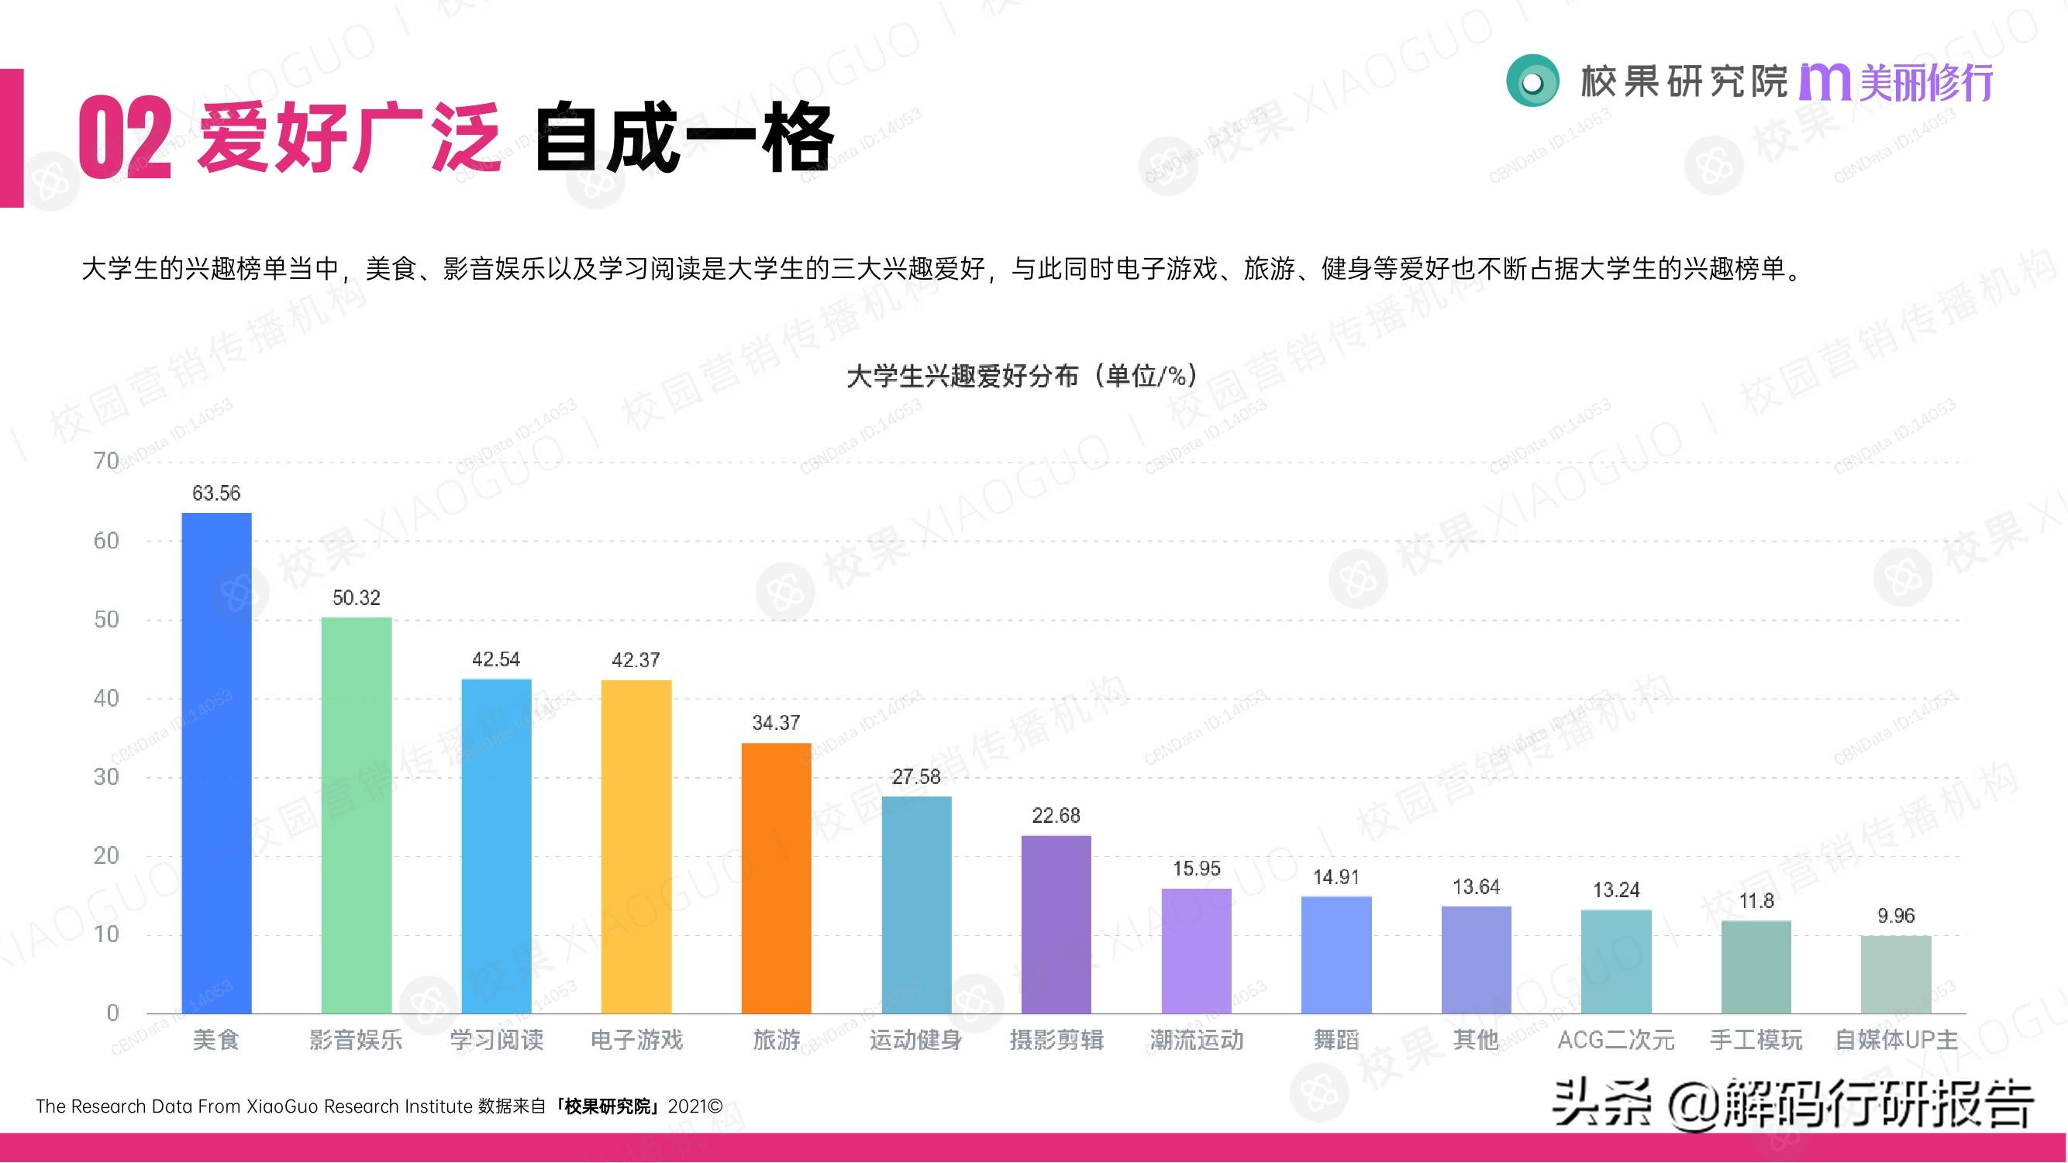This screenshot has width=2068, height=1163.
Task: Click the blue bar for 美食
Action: (x=217, y=762)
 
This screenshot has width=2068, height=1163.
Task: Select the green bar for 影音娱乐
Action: (x=357, y=814)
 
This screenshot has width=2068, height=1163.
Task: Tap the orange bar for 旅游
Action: (x=777, y=878)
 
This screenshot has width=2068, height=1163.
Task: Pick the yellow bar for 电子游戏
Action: (x=636, y=846)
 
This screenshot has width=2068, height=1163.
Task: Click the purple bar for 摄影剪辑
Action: (x=1056, y=924)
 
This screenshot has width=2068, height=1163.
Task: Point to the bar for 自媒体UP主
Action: (x=1896, y=975)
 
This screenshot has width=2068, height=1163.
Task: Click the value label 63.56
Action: (x=217, y=493)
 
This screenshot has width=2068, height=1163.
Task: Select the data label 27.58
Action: (x=916, y=776)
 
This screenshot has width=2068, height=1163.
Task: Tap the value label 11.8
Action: (x=1756, y=900)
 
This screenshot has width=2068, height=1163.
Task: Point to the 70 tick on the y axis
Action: (x=106, y=461)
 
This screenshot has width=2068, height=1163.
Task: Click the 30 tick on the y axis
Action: (x=106, y=776)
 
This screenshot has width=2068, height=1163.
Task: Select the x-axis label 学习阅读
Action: (x=496, y=1041)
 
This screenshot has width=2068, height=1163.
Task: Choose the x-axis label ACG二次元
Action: (x=1616, y=1041)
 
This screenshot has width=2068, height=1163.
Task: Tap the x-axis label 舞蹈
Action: (x=1336, y=1041)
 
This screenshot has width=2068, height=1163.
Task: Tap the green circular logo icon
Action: (x=1532, y=81)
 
